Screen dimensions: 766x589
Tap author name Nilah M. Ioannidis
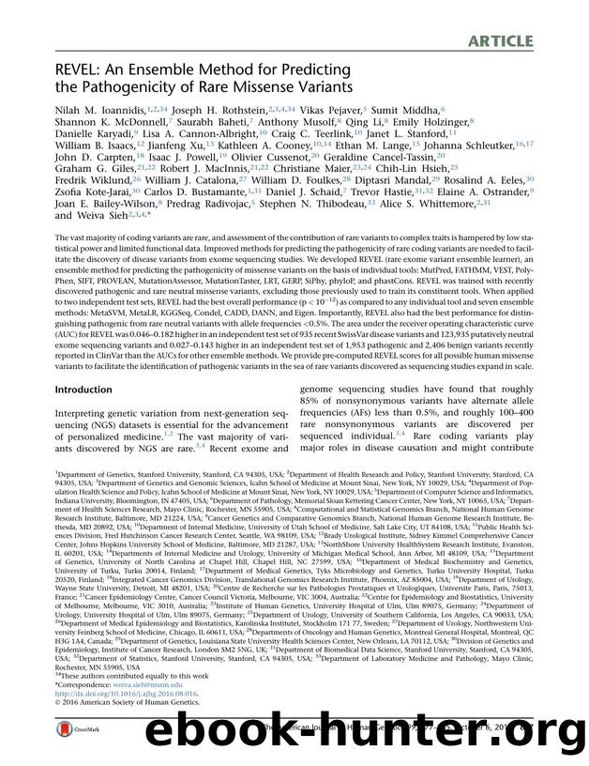coord(95,111)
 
